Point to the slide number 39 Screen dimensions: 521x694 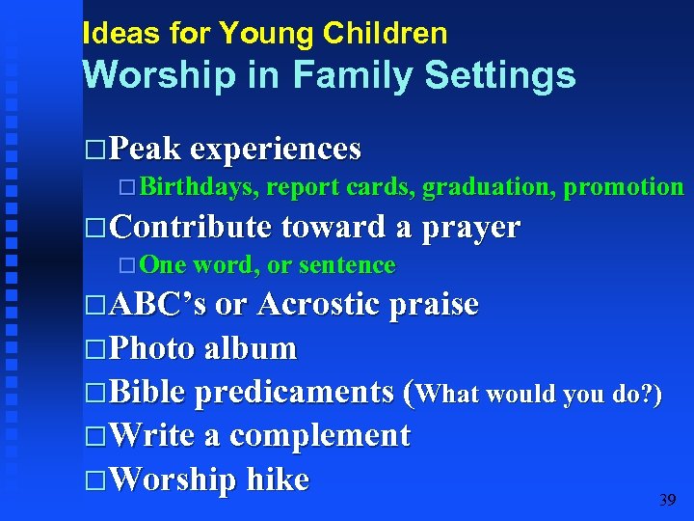pos(667,500)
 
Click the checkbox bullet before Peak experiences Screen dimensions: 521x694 pos(93,151)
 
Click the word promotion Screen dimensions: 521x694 pos(624,187)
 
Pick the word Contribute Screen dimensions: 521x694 pos(192,228)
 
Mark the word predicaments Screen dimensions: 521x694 pos(294,393)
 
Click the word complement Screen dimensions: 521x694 pos(320,436)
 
